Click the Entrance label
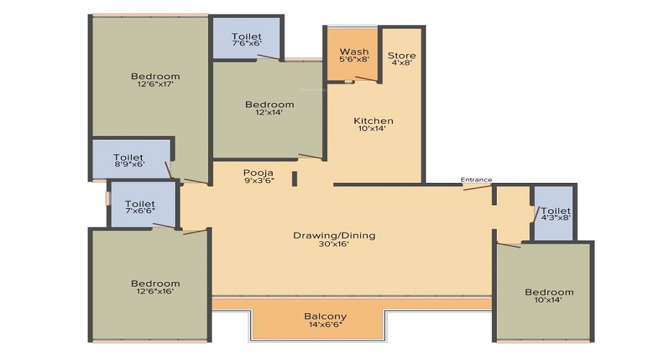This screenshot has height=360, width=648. click(x=477, y=180)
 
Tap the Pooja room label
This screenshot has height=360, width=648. click(x=258, y=173)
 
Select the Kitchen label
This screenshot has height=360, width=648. click(x=374, y=121)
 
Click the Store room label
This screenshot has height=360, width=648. click(x=402, y=55)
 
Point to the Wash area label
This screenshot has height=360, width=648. click(x=354, y=52)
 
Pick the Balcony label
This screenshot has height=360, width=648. click(x=325, y=317)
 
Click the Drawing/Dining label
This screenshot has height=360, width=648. click(x=334, y=235)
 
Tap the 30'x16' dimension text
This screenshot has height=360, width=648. click(x=334, y=244)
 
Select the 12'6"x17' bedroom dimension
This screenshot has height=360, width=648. click(x=156, y=84)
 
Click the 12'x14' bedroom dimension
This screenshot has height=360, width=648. click(x=269, y=112)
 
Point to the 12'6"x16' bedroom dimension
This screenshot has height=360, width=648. click(x=156, y=291)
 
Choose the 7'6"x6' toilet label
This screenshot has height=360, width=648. click(x=247, y=43)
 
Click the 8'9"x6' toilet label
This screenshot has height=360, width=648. click(x=129, y=164)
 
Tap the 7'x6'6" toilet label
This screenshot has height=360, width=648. click(x=140, y=210)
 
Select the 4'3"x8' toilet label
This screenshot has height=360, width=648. click(x=556, y=217)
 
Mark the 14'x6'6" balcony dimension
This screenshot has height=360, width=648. click(x=325, y=325)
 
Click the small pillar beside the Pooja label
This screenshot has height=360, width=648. click(x=294, y=179)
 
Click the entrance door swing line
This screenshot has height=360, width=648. click(x=477, y=187)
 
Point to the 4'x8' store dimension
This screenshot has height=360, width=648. click(x=402, y=63)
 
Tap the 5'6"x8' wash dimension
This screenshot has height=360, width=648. click(x=354, y=59)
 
